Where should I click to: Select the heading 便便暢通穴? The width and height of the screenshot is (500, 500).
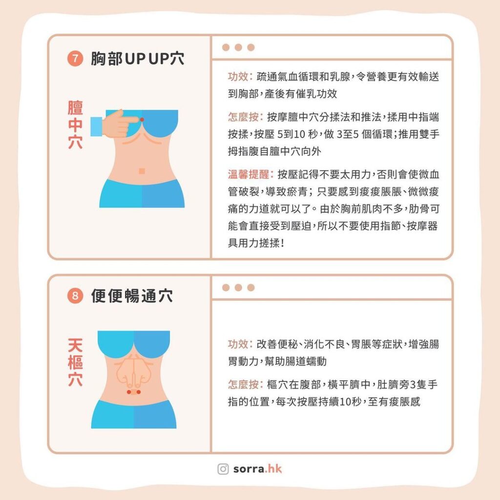tap(132, 296)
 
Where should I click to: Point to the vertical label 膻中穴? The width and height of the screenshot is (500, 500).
tap(75, 125)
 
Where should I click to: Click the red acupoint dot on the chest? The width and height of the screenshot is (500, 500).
tap(142, 119)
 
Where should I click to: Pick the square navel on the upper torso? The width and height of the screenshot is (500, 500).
tap(142, 171)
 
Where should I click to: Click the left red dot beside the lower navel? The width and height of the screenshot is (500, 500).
tap(129, 392)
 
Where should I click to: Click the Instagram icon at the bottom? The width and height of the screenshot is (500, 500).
tap(223, 469)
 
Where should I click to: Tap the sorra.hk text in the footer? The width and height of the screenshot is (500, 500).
tap(257, 469)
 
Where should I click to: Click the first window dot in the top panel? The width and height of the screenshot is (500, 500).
tap(226, 48)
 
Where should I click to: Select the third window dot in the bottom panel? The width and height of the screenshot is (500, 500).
tap(251, 288)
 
